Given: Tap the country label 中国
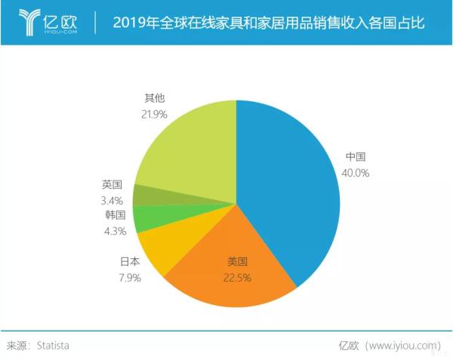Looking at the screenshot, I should [x=356, y=157].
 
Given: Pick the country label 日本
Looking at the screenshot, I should [x=131, y=261].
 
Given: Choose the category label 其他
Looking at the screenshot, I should [x=154, y=98].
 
